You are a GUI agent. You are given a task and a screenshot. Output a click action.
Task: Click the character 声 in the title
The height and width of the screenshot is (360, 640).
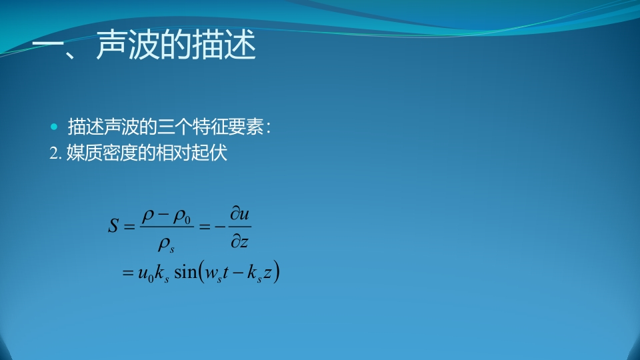[111, 45]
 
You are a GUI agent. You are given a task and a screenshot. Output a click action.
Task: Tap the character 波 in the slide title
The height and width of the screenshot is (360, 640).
[143, 45]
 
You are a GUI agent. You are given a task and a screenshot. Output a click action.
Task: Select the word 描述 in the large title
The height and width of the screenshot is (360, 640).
[224, 45]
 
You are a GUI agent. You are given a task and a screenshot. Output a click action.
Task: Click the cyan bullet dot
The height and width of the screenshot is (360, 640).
[54, 127]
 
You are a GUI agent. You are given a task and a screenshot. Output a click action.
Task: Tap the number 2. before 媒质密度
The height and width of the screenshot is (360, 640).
[55, 153]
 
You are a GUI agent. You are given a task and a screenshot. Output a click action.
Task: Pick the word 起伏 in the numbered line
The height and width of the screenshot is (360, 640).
[209, 153]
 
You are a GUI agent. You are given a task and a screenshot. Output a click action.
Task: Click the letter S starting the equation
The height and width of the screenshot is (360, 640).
[113, 225]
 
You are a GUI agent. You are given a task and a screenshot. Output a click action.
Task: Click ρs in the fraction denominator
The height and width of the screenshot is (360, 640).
[166, 245]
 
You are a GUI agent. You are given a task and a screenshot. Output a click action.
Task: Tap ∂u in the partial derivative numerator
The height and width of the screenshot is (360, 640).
[239, 213]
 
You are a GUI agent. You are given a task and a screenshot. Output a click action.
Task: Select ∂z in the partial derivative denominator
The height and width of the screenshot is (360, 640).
[239, 241]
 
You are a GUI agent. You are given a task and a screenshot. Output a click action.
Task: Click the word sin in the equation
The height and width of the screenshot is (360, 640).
[185, 272]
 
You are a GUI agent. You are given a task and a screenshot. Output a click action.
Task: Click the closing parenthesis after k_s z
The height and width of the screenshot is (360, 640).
[276, 272]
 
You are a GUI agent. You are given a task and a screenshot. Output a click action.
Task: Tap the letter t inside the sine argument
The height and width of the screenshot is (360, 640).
[225, 272]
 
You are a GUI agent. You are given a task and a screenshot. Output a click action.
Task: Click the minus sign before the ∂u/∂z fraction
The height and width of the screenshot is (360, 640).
[220, 226]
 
